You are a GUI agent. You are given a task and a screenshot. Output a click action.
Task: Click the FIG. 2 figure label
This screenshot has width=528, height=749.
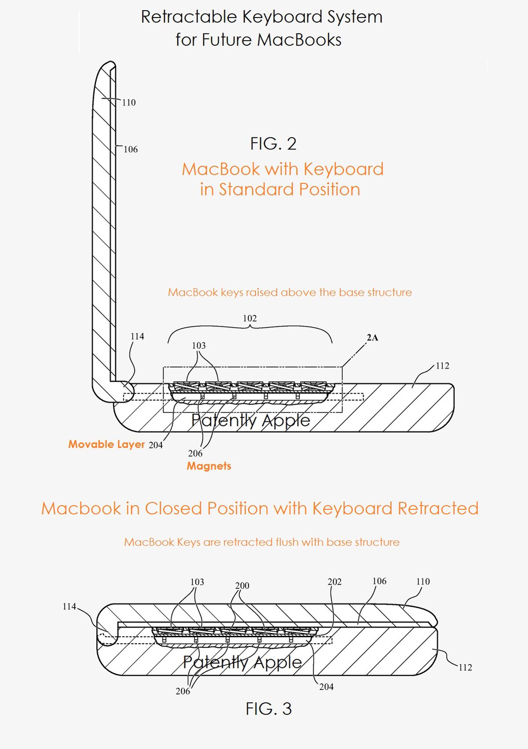[273, 144]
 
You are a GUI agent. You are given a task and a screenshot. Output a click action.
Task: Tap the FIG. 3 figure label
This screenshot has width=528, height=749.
[268, 708]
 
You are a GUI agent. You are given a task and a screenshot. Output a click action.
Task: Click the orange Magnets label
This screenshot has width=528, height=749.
[209, 466]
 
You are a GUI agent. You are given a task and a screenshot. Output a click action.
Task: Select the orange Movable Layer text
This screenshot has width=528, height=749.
[106, 444]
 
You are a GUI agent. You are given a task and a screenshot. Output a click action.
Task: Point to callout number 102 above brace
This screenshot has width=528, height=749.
[249, 318]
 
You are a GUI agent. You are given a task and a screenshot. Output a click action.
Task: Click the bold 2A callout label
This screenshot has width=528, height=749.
[372, 338]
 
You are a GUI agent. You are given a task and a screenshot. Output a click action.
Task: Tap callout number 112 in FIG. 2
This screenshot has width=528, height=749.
[442, 365]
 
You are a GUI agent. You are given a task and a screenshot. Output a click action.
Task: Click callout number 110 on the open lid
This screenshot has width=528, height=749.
[128, 103]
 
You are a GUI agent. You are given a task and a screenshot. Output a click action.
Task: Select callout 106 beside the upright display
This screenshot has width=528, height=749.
[130, 149]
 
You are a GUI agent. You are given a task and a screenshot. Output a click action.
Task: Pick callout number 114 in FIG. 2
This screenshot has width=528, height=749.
[137, 336]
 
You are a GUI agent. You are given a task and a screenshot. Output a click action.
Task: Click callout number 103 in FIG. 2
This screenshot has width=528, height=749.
[198, 346]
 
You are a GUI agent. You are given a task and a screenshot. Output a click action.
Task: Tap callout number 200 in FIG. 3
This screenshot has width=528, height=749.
[242, 586]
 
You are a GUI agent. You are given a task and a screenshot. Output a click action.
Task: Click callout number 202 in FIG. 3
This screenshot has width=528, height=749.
[334, 582]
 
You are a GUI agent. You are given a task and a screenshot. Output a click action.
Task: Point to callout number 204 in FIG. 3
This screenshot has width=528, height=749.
[326, 686]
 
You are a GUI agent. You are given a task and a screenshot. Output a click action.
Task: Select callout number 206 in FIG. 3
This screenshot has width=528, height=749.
[183, 691]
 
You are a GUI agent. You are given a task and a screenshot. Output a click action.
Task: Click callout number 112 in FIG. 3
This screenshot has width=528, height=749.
[465, 667]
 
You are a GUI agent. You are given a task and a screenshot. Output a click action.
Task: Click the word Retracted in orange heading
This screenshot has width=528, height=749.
[438, 509]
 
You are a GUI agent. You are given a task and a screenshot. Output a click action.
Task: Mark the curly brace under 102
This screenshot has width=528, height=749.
[249, 331]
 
